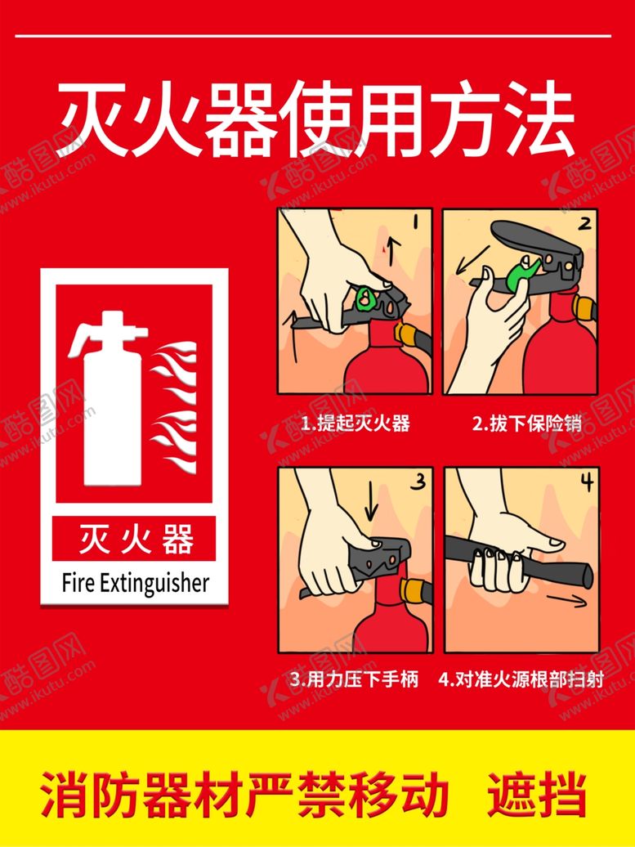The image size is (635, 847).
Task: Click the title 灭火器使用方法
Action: (316, 120)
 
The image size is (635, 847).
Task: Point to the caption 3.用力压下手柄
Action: (354, 679)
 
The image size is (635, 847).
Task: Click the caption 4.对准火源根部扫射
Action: (521, 679)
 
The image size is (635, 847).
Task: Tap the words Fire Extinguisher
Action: (135, 584)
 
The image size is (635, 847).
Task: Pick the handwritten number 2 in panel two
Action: (584, 222)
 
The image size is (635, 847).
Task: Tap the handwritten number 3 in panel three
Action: (418, 480)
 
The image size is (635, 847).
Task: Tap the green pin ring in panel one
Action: (364, 298)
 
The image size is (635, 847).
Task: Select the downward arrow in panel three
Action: (372, 505)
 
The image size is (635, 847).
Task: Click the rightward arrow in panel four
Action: (566, 600)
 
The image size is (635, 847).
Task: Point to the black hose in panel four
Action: (518, 562)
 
